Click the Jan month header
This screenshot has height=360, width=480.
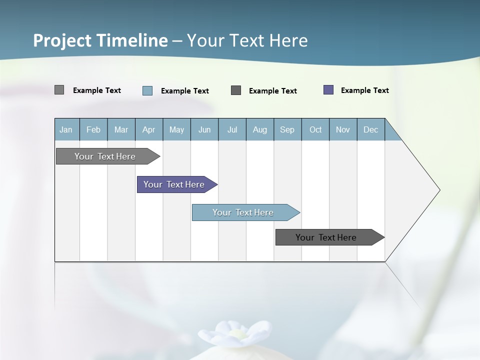[x=66, y=129]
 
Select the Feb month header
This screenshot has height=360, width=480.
[x=93, y=129]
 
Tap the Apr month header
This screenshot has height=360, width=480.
[x=148, y=129]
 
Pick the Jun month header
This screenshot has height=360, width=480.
[x=204, y=129]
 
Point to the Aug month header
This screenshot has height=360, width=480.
[x=259, y=129]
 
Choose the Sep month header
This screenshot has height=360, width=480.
[x=287, y=129]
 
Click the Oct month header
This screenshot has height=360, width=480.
[x=315, y=129]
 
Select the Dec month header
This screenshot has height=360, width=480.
[x=370, y=129]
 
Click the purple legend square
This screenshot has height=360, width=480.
[x=328, y=90]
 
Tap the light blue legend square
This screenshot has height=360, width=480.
[x=147, y=90]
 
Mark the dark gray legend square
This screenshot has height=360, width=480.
[x=236, y=90]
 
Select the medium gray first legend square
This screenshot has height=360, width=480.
[x=59, y=90]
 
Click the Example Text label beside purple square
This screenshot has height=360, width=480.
[x=364, y=90]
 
